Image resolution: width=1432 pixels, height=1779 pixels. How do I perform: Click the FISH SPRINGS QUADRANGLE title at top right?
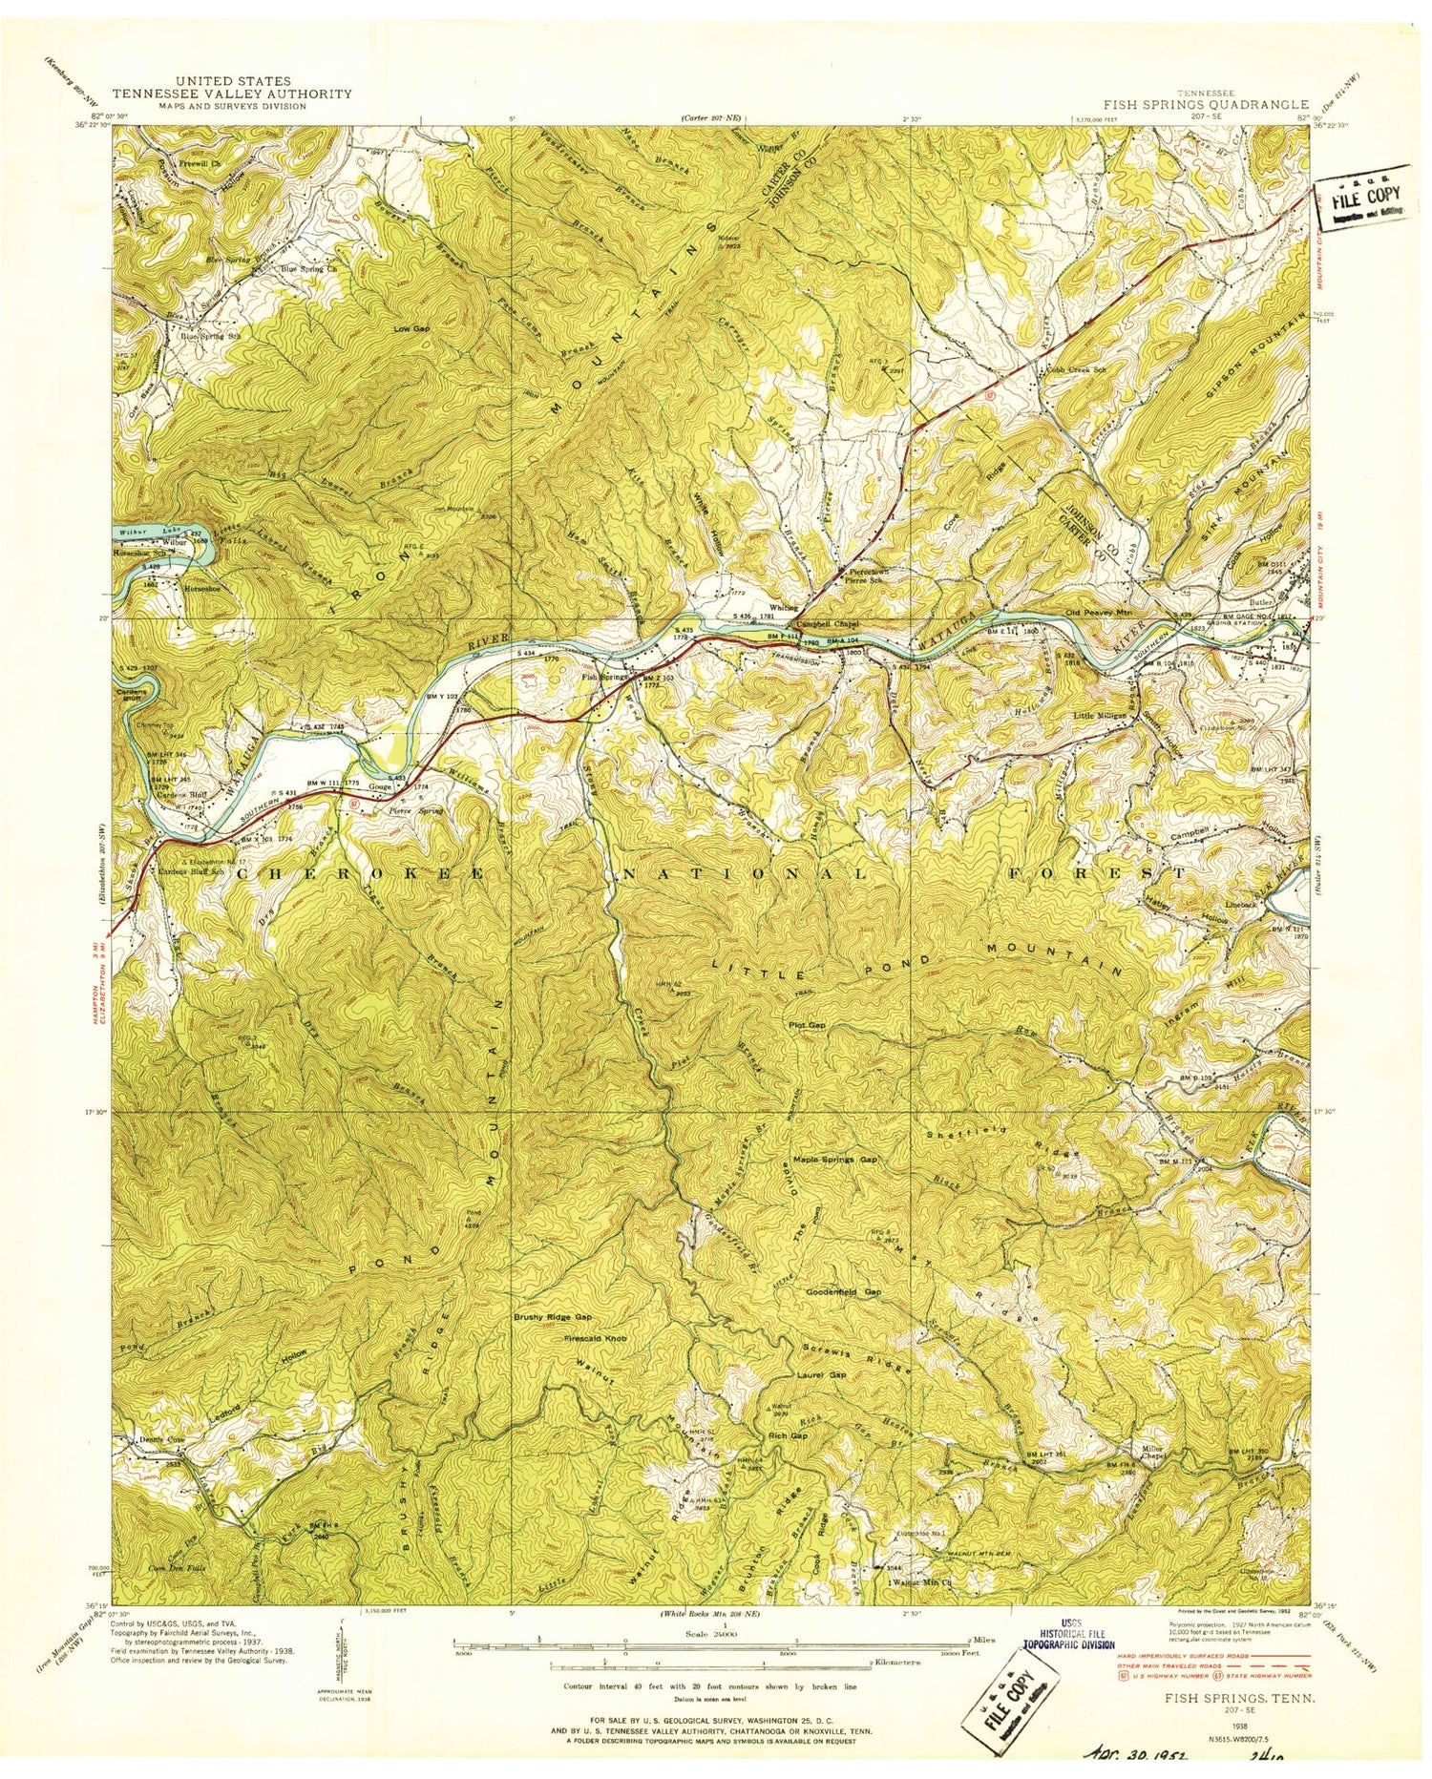1206,104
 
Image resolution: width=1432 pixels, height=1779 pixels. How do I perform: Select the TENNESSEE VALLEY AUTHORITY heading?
232,94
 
